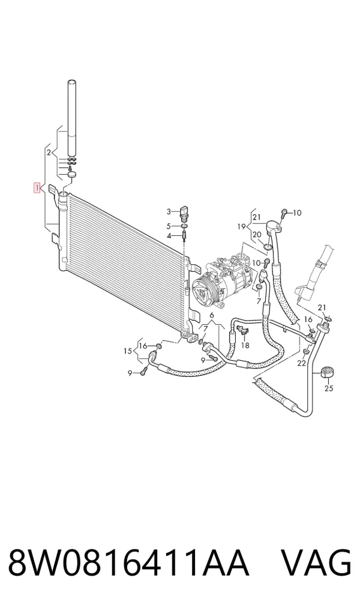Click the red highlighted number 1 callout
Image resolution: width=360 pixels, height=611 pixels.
pos(37,188)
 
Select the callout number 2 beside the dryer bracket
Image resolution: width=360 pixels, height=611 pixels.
pos(49,152)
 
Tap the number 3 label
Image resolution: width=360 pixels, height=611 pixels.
pos(169,212)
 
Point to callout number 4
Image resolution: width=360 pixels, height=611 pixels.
pos(169,236)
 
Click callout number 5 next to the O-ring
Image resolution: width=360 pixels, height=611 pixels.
pos(169,226)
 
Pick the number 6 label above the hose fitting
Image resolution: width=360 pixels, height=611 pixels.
pos(212,315)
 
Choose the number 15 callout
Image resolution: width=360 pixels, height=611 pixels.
pos(128,351)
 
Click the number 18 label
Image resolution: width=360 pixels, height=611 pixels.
pos(245,345)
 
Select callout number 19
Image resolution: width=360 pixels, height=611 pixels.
pos(241,226)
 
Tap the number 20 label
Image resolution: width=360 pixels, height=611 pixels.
pos(256,234)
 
